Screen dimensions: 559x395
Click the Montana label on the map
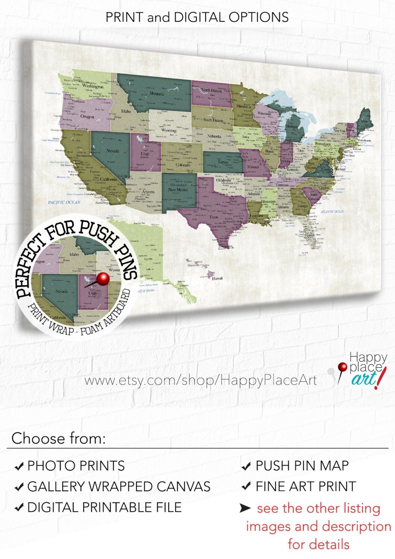pyautogui.click(x=157, y=94)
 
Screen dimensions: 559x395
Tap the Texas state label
pyautogui.click(x=213, y=217)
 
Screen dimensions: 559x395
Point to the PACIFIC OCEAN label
pyautogui.click(x=64, y=202)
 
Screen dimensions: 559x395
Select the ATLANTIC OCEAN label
pyautogui.click(x=332, y=212)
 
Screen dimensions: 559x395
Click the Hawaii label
pyautogui.click(x=217, y=278)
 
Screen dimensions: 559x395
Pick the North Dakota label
pyautogui.click(x=211, y=90)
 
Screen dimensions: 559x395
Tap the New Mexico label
pyautogui.click(x=178, y=190)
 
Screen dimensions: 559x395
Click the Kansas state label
pyautogui.click(x=223, y=162)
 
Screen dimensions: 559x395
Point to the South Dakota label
pyautogui.click(x=213, y=120)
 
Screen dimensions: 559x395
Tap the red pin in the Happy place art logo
pyautogui.click(x=342, y=367)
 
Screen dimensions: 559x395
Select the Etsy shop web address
pyautogui.click(x=200, y=380)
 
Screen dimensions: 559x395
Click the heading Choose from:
pyautogui.click(x=59, y=438)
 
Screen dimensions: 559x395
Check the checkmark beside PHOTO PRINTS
pyautogui.click(x=19, y=466)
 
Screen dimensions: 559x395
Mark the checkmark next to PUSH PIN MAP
pyautogui.click(x=246, y=466)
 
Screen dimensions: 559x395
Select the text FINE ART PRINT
pyautogui.click(x=305, y=486)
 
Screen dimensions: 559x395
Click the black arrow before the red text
pyautogui.click(x=245, y=508)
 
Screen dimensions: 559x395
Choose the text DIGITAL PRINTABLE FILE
pyautogui.click(x=104, y=507)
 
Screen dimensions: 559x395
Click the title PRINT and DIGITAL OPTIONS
pyautogui.click(x=197, y=17)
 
